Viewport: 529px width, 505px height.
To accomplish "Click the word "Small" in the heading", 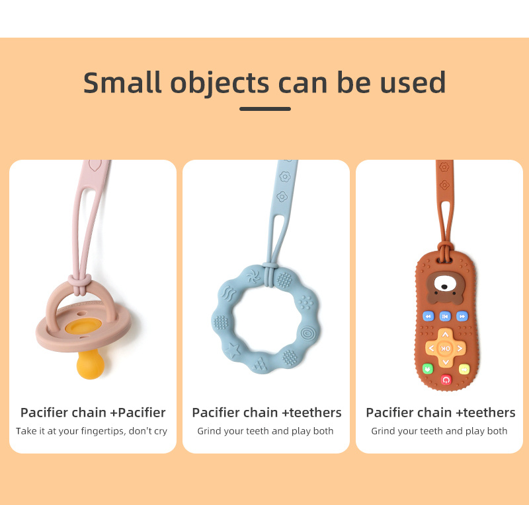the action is pos(122,83).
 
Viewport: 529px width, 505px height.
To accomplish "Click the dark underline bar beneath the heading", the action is pos(265,109).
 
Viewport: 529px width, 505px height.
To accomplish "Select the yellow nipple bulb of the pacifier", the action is pos(91,364).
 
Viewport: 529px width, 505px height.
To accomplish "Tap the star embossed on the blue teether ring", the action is pos(233,350).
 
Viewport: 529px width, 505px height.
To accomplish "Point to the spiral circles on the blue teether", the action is pos(307,333).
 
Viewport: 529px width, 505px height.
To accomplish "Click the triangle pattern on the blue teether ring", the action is pos(259,364).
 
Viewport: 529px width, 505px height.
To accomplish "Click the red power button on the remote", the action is pos(446,380).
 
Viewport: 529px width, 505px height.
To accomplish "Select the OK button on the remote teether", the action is pos(445,349).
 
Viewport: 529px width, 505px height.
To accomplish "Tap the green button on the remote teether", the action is pos(428,368).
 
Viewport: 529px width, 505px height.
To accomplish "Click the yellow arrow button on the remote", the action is pos(464,369).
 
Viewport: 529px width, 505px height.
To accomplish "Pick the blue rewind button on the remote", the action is pos(428,316).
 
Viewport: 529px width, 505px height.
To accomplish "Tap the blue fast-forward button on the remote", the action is pos(462,316).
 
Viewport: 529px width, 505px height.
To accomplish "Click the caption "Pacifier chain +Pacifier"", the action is pos(93,413).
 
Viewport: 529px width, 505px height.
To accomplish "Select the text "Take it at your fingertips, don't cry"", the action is pos(91,431).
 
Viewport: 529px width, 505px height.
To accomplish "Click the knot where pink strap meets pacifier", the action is pos(80,283).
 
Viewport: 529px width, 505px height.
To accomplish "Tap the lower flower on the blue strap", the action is pos(282,196).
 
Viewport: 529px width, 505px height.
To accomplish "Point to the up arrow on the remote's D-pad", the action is pos(445,335).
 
